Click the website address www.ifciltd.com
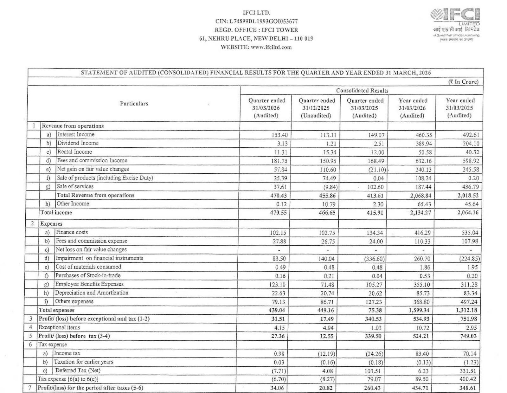click(256, 47)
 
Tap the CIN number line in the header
click(256, 21)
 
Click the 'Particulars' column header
click(134, 104)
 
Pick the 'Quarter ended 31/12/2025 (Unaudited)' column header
click(316, 108)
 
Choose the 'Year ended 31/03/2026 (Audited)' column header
click(413, 108)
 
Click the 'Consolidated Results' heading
click(362, 91)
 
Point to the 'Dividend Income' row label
click(78, 143)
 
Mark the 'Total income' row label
click(56, 212)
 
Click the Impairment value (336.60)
click(374, 259)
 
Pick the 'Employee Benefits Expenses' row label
click(89, 284)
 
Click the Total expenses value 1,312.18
click(467, 310)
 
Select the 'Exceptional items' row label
click(59, 327)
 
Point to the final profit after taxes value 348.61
click(468, 388)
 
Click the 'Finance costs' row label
click(72, 232)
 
